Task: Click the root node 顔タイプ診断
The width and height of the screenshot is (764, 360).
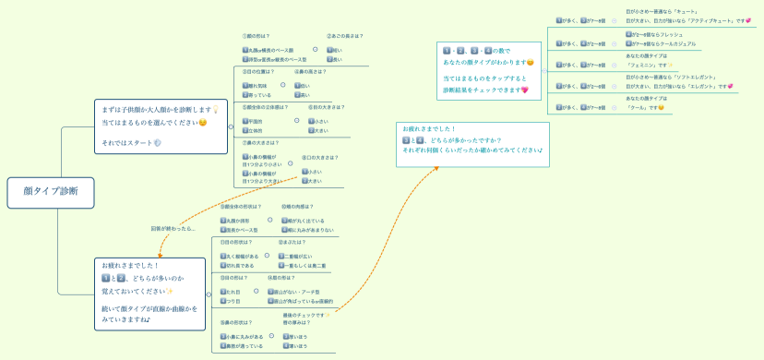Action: coord(50,191)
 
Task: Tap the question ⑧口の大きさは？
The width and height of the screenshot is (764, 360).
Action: coord(319,158)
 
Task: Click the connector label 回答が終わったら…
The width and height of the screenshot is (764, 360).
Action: coord(173,228)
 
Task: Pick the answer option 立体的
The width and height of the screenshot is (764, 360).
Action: coord(254,131)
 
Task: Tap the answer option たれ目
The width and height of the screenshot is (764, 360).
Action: coord(235,291)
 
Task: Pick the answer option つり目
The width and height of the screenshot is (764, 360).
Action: coord(235,301)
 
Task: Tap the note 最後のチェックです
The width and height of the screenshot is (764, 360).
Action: coord(305,316)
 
